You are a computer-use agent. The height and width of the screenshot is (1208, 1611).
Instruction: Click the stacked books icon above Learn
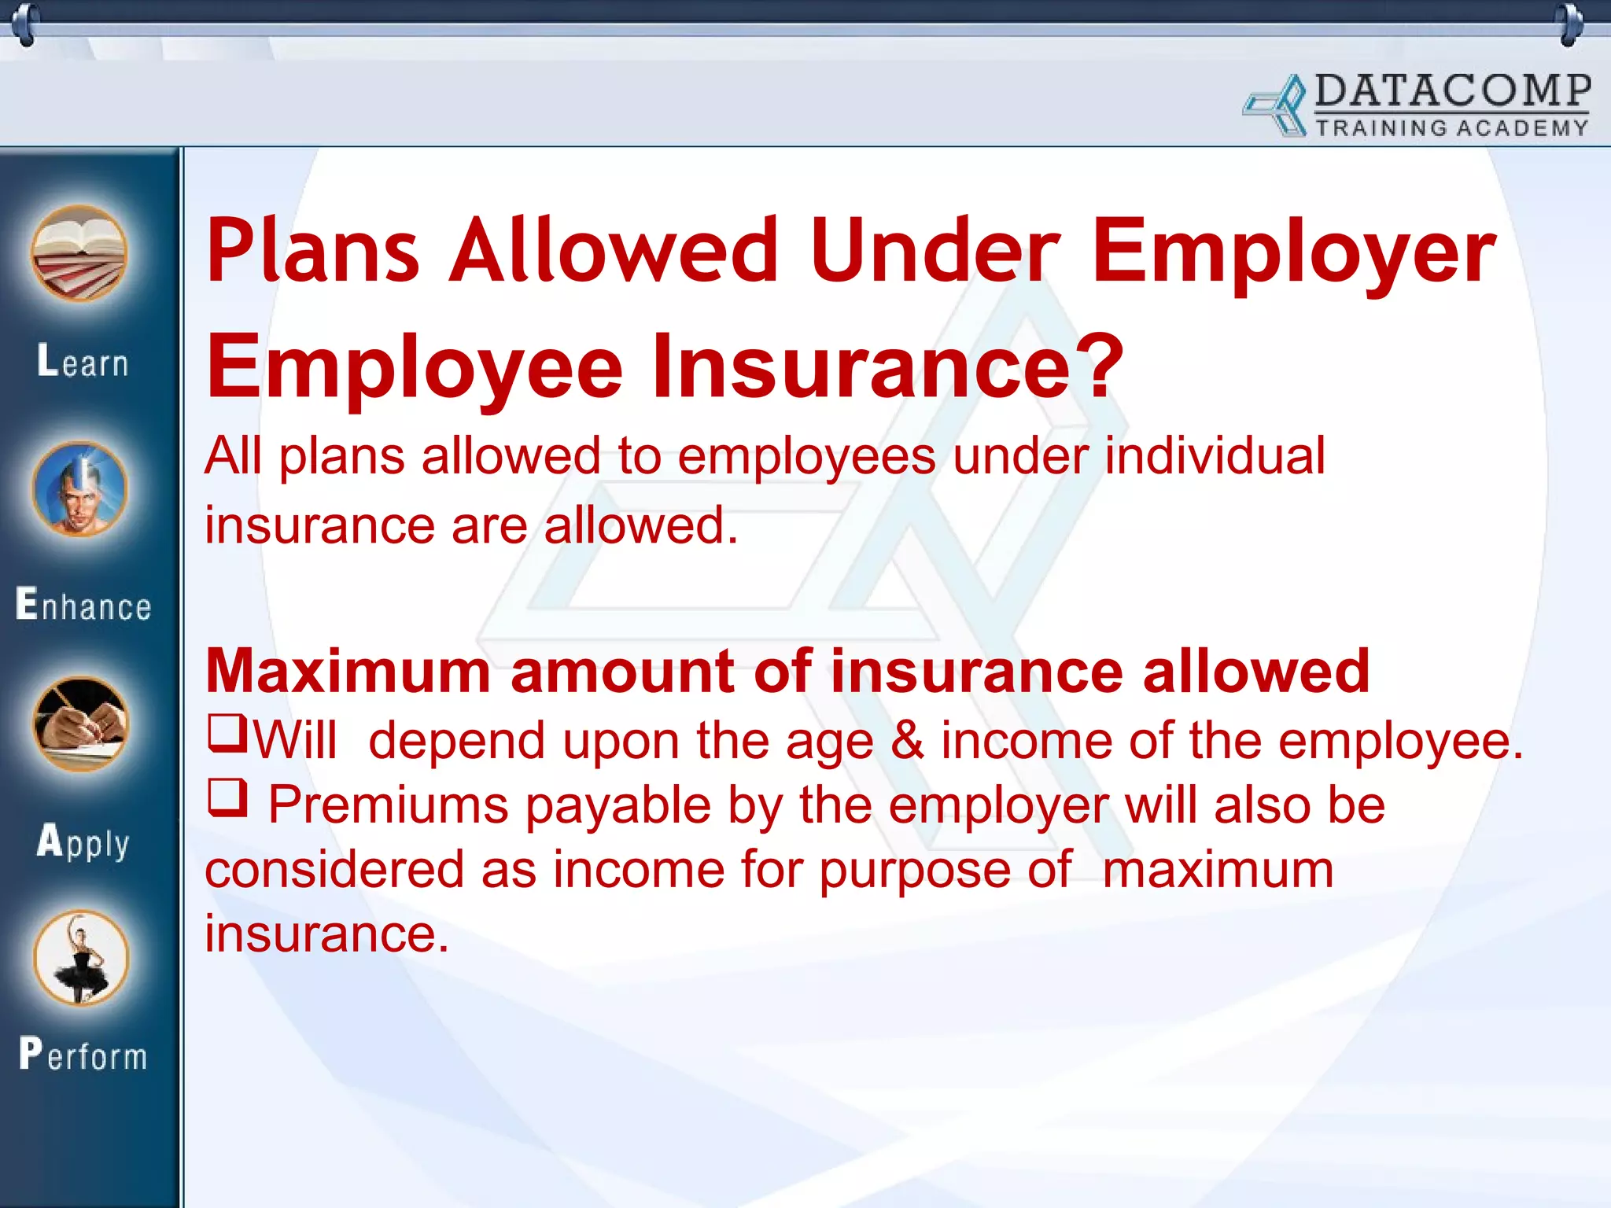coord(79,253)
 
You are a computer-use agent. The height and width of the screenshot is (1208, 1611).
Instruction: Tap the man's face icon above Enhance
coord(79,488)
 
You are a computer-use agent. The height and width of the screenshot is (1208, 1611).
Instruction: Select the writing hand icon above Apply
coord(80,724)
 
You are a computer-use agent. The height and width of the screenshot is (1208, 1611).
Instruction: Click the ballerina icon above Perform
coord(81,958)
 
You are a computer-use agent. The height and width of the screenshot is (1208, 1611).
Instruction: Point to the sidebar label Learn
coord(83,363)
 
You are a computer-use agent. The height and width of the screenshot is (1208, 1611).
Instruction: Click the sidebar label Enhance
coord(83,606)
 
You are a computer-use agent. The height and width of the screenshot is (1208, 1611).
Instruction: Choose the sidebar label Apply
coord(83,842)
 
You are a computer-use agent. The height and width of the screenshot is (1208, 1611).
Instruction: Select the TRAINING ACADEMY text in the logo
coord(1452,128)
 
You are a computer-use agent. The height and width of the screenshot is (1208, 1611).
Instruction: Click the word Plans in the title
coord(312,252)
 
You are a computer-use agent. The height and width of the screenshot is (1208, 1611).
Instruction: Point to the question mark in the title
coord(1097,366)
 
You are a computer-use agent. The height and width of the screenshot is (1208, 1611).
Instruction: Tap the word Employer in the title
coord(1294,252)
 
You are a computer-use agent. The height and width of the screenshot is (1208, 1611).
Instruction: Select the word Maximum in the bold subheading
coord(348,672)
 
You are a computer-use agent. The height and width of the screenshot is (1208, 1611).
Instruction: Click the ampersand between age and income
coord(907,741)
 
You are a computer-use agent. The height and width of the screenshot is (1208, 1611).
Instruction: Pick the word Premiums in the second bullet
coord(389,805)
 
